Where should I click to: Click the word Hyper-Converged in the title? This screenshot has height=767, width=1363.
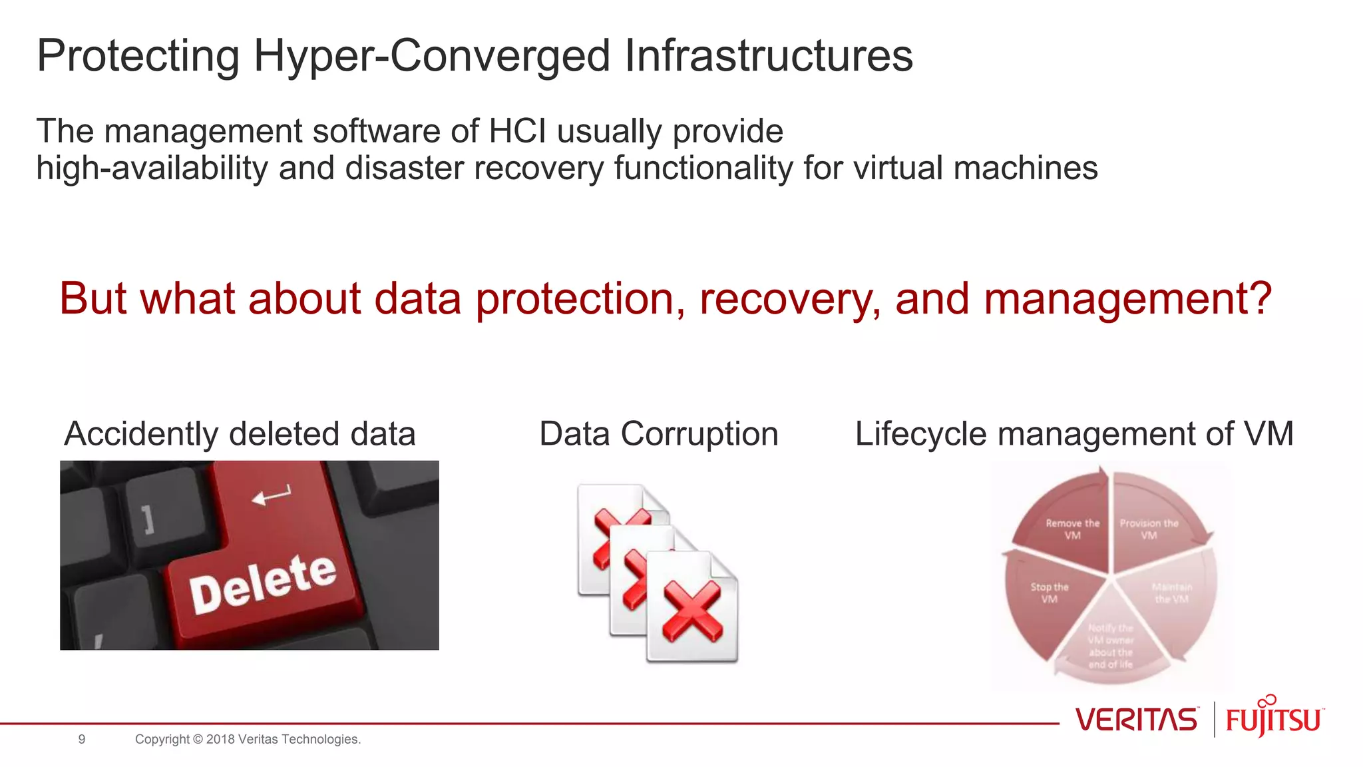click(x=431, y=56)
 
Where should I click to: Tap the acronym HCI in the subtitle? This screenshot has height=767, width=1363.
click(x=517, y=131)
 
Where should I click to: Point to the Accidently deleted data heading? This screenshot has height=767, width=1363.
click(x=240, y=434)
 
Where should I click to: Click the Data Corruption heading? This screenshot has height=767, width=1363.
click(x=658, y=434)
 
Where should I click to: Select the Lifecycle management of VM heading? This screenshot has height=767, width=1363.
click(x=1073, y=434)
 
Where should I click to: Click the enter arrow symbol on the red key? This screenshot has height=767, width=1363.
click(x=271, y=495)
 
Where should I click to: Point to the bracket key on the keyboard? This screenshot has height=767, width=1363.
click(x=148, y=519)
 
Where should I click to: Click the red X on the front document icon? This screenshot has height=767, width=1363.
click(x=692, y=611)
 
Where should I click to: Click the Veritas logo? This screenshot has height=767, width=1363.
click(x=1135, y=720)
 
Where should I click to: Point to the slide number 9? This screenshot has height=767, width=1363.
click(x=82, y=739)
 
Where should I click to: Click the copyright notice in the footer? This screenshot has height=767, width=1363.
click(x=248, y=739)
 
